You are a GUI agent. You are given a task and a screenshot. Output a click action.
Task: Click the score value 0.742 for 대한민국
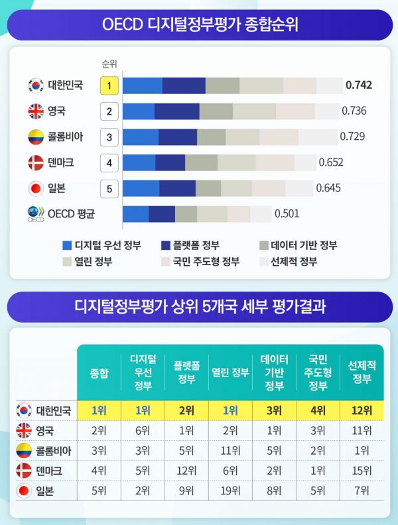click(359, 85)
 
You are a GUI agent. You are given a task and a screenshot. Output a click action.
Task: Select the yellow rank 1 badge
click(109, 86)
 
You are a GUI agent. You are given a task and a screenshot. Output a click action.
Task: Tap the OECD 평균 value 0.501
click(287, 213)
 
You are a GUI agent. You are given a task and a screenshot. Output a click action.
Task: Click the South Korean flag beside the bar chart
click(35, 86)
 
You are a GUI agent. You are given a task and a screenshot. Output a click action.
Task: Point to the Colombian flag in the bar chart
click(35, 137)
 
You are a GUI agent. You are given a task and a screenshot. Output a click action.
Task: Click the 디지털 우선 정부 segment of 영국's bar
click(139, 111)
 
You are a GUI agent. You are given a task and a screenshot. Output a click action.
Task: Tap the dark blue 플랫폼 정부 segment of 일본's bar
click(178, 188)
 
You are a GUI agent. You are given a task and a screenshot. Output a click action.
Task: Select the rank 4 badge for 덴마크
click(109, 162)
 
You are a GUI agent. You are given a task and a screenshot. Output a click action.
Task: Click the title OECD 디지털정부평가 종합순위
click(200, 25)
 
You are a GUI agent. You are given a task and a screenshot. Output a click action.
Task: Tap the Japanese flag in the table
click(24, 492)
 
